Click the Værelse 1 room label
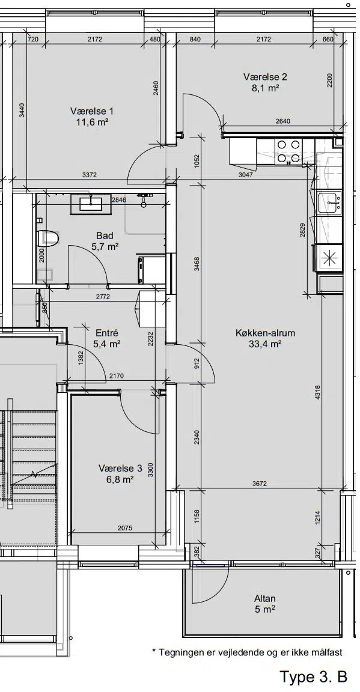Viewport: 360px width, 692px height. pos(92,111)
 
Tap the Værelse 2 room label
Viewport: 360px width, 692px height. pos(265,77)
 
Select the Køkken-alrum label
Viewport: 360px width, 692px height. pos(265,333)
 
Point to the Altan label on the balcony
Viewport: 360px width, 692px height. pos(265,598)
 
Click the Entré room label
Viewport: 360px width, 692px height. pos(107,333)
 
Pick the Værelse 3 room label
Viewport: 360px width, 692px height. pos(120,468)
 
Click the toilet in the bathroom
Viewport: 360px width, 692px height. pos(49,238)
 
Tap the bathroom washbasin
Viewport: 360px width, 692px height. pos(93,204)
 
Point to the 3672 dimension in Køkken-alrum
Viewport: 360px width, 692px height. pos(260,484)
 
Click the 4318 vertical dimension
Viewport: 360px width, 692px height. pos(317,392)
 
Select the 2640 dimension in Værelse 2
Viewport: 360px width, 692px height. pos(282,121)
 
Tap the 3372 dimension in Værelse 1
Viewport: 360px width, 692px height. pos(90,175)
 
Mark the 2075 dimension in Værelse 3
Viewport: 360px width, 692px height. pos(125,528)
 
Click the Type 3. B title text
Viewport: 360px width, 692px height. pos(313,676)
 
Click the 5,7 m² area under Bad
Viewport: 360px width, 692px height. pos(105,247)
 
